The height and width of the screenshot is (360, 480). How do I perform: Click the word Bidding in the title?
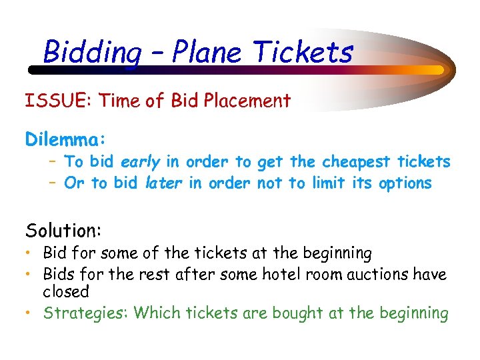click(92, 51)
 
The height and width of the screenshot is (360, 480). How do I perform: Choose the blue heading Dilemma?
click(65, 139)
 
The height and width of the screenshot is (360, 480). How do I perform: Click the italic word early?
click(141, 162)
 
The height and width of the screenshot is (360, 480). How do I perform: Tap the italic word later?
click(163, 183)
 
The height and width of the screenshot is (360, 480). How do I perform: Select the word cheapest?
click(357, 162)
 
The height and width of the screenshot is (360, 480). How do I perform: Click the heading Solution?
click(63, 231)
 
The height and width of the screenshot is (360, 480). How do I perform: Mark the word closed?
click(66, 291)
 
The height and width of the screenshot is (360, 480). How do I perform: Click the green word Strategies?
click(86, 313)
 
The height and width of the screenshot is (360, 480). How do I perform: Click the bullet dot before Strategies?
click(31, 313)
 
